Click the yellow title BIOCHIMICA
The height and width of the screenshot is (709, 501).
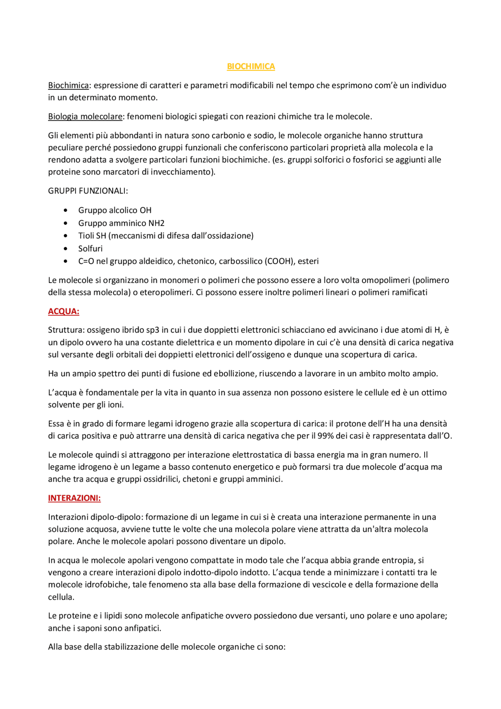(x=251, y=67)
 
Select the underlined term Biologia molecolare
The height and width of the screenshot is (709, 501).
(x=85, y=116)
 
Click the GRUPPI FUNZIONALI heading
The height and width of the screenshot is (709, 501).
(x=88, y=191)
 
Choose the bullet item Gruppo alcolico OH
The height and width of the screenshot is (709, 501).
(x=115, y=210)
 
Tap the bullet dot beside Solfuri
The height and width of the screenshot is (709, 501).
(x=65, y=249)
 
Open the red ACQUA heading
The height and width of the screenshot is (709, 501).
(x=63, y=311)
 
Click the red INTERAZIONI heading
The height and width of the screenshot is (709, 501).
(x=74, y=498)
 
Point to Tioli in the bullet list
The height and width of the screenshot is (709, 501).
(x=86, y=236)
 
